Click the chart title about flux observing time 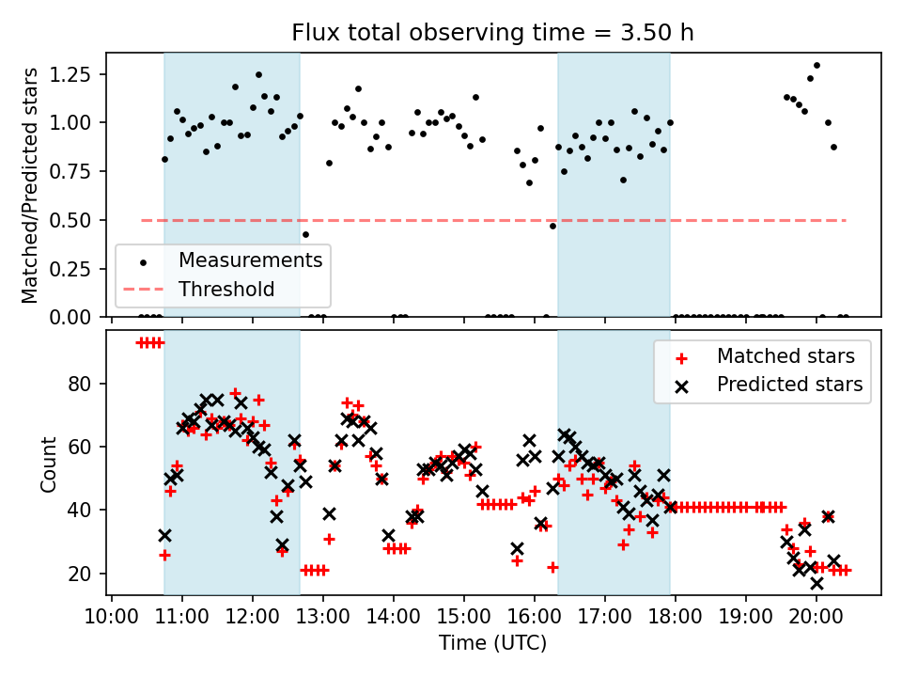[492, 32]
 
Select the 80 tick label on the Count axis [79, 384]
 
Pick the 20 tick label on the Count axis [79, 574]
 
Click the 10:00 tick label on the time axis [112, 617]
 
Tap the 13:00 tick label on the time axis [323, 617]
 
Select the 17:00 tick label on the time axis [605, 617]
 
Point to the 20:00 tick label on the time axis [816, 617]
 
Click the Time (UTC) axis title [493, 642]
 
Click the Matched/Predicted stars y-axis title [29, 185]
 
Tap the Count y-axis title [48, 464]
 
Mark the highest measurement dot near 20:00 [816, 66]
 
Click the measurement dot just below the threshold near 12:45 [305, 235]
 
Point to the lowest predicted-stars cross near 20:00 [816, 584]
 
